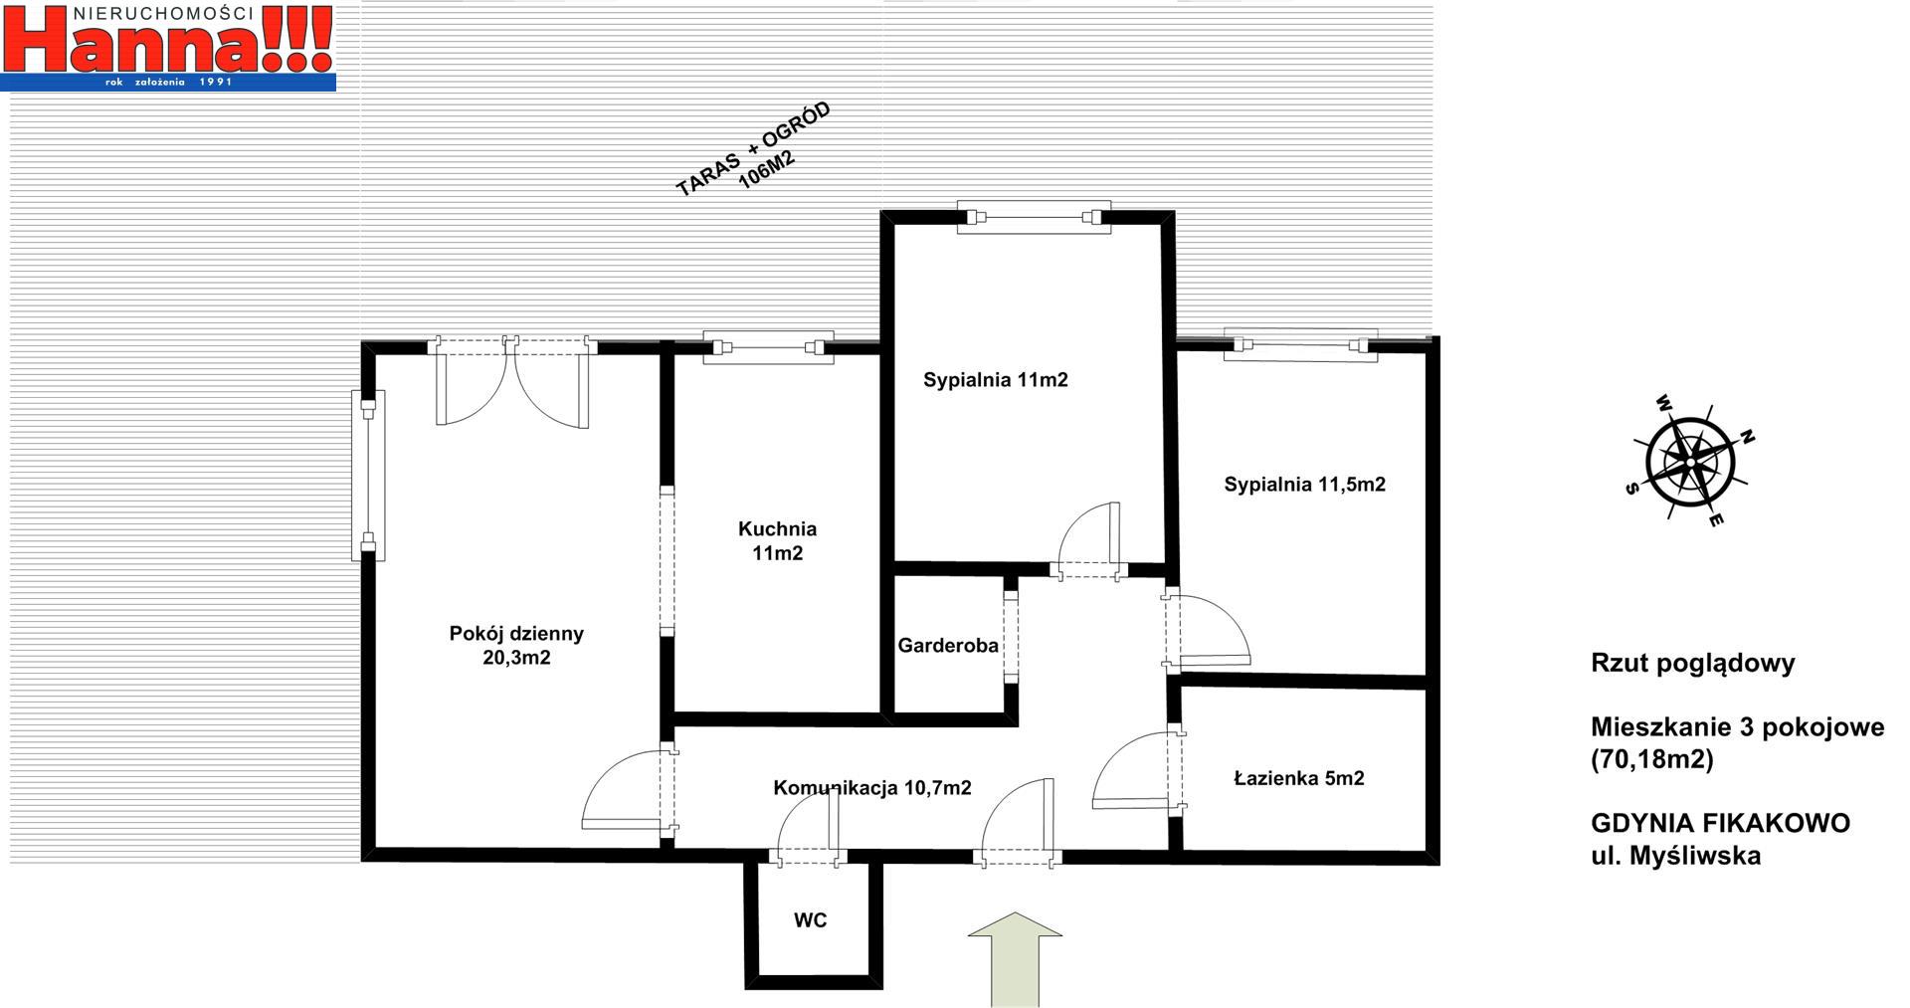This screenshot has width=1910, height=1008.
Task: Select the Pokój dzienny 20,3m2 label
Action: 516,645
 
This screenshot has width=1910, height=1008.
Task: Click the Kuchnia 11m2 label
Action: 777,540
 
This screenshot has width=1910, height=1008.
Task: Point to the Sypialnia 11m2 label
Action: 995,379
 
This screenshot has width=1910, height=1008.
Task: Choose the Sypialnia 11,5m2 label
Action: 1304,485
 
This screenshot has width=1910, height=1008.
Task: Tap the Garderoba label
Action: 948,646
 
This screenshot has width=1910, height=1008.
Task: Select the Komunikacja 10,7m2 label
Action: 872,788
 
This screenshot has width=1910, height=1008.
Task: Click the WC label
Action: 810,920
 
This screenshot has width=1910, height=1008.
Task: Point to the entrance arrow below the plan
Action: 1015,959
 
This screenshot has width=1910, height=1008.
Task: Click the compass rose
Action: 1690,462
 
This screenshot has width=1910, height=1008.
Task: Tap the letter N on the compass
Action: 1748,437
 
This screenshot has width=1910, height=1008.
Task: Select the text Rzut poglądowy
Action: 1693,664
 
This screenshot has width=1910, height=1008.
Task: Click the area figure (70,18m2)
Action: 1652,759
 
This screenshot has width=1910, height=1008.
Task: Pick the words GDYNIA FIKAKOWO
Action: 1721,823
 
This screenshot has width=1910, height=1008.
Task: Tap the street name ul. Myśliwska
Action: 1676,855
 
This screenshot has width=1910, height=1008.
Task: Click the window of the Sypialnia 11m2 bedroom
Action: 1034,217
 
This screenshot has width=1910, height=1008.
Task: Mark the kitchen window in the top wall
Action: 768,347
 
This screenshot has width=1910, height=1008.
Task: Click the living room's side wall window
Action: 368,475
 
